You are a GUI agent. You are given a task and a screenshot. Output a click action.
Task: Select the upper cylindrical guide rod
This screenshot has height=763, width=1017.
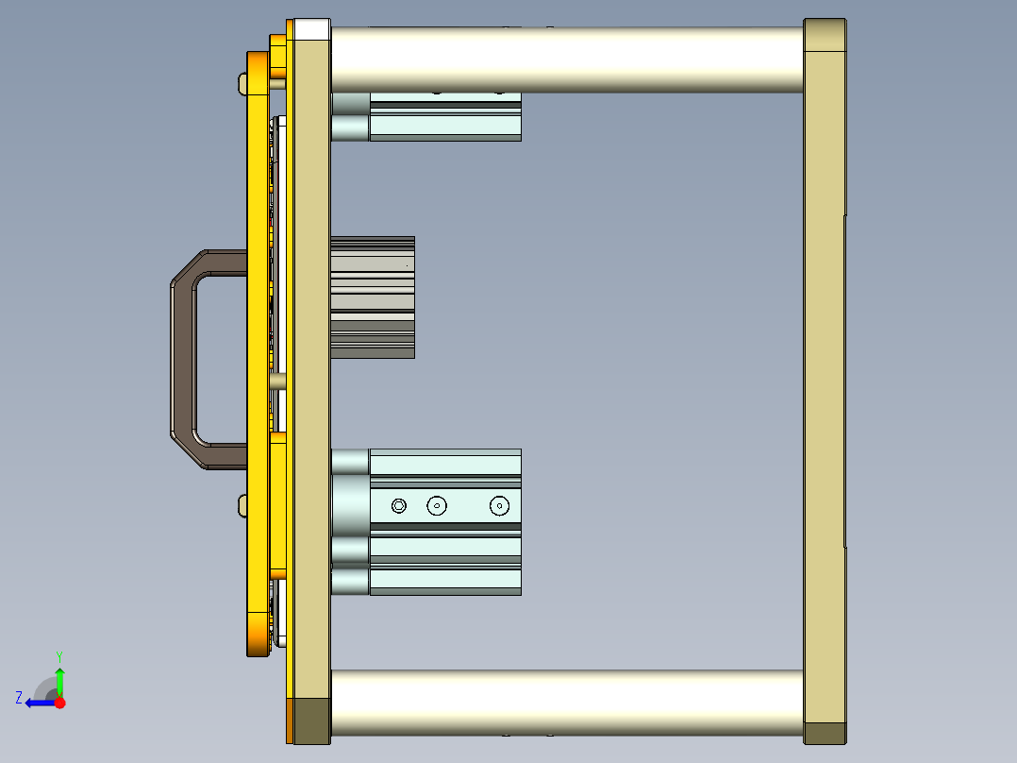(566, 59)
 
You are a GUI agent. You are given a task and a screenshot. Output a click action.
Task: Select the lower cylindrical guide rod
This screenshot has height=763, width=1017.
(566, 704)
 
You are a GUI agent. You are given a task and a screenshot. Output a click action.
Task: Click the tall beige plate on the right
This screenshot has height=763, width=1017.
(824, 378)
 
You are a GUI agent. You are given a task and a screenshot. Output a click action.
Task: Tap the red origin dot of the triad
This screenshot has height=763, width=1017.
(59, 703)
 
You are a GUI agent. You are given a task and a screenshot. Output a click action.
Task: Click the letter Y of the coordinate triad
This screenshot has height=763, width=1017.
(59, 655)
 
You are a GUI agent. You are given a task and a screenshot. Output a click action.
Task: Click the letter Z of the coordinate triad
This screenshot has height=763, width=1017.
(19, 698)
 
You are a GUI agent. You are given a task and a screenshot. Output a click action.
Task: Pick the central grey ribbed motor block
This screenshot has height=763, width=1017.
(373, 297)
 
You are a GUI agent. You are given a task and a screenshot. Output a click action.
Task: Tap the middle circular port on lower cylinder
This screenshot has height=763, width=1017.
(436, 506)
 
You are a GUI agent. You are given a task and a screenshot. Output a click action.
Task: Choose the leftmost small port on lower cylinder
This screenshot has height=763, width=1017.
(399, 506)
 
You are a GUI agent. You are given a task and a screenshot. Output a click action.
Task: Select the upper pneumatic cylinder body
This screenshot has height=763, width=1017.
(444, 118)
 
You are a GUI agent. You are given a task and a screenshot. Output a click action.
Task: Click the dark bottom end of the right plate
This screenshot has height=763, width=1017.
(825, 733)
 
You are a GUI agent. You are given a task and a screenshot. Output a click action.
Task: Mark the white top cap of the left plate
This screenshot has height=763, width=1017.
(311, 29)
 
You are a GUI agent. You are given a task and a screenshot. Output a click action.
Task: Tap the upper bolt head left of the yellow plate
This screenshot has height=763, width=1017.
(242, 85)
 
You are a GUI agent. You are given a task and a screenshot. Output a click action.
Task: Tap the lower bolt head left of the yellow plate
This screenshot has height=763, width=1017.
(242, 505)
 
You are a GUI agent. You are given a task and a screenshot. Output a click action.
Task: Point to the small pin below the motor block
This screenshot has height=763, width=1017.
(277, 381)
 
